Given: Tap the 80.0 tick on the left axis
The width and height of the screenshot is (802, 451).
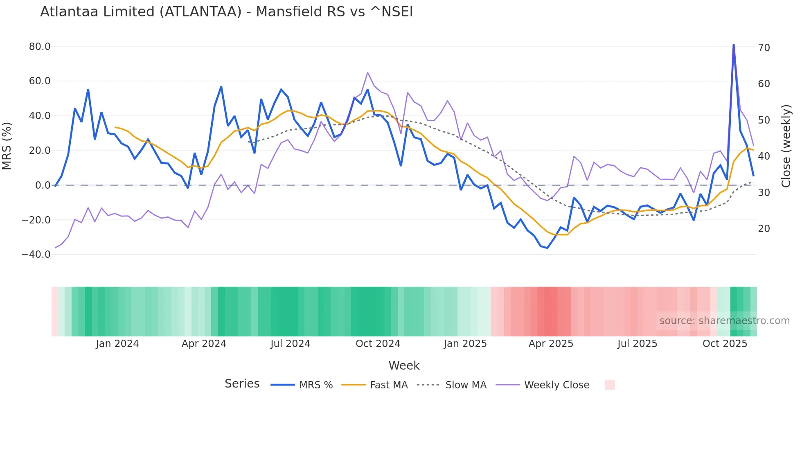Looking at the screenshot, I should coord(40,47).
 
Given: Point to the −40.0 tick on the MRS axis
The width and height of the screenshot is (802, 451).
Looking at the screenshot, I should coord(36,255).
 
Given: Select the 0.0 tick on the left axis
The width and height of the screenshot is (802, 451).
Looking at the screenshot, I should coord(43,185).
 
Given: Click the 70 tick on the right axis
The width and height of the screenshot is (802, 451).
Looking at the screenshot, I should coord(764,48).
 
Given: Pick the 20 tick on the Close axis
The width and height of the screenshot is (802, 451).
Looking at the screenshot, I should coord(764,229).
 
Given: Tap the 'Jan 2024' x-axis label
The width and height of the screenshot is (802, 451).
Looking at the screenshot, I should coord(117,344).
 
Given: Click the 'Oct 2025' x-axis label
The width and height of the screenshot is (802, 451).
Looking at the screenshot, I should coord(725,344).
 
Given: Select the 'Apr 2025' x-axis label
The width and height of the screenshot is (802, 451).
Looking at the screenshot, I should coord(551,344).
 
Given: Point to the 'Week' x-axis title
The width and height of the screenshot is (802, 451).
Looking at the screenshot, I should coord(404,365).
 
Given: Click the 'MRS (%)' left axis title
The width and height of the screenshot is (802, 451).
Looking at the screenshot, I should coord(7,146).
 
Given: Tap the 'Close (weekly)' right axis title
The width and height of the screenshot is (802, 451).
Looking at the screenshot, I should coord(786,146).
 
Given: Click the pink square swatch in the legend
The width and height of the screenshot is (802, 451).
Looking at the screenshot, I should coord(610,385).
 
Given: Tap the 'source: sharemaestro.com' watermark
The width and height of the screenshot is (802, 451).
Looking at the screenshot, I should coord(724,321).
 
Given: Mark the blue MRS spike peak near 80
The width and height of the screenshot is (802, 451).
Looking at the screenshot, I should coord(734,45).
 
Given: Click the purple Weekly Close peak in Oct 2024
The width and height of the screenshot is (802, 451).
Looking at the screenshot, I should coord(367,73).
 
